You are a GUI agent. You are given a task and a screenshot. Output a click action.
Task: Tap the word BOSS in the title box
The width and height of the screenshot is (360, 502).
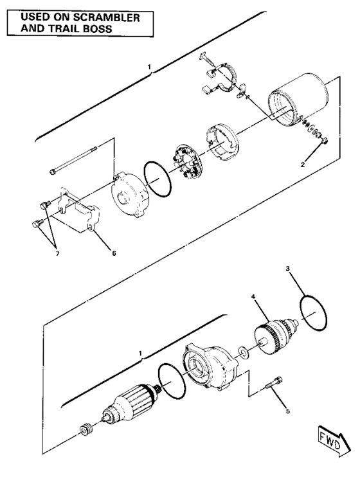[122, 29]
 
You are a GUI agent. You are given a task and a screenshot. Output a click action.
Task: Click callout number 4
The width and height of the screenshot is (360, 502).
[254, 296]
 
